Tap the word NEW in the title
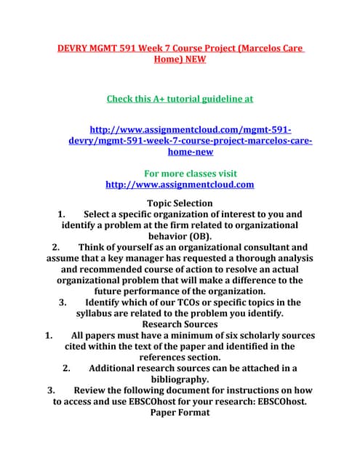tap(193, 60)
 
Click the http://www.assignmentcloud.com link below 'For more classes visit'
tap(180, 185)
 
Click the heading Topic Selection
tap(180, 203)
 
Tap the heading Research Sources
tap(180, 324)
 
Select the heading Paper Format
tap(180, 412)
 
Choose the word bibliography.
tap(180, 379)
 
